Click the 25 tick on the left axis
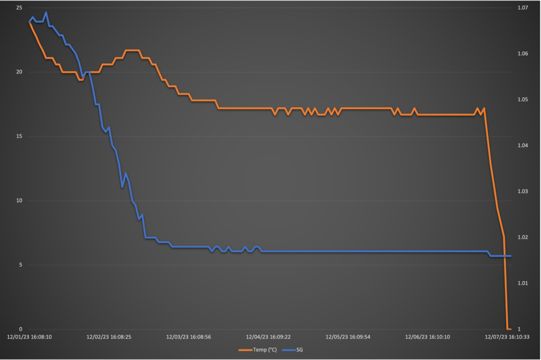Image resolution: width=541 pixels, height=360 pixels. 18,8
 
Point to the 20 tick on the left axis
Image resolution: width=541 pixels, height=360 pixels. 18,72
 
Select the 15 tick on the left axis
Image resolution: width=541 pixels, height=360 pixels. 18,136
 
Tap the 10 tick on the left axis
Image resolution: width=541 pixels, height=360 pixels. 18,200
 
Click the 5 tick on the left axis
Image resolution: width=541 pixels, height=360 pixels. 20,265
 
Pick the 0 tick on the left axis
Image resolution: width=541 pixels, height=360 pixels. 20,329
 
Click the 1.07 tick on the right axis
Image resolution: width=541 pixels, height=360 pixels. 523,8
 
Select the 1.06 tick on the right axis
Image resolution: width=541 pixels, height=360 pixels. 523,54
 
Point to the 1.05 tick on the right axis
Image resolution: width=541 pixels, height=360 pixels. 523,99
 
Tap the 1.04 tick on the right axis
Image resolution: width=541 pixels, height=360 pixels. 523,145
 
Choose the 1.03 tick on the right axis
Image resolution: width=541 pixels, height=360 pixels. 523,191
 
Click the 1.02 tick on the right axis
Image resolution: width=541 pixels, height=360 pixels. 523,237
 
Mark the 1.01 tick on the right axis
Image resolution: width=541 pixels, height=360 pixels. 523,283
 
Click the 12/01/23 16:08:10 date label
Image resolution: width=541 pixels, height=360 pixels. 29,337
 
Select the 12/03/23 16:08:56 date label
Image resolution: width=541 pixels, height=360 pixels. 189,337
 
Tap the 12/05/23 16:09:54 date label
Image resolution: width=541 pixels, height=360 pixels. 348,337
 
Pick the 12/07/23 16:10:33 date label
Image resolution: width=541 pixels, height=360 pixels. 508,337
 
